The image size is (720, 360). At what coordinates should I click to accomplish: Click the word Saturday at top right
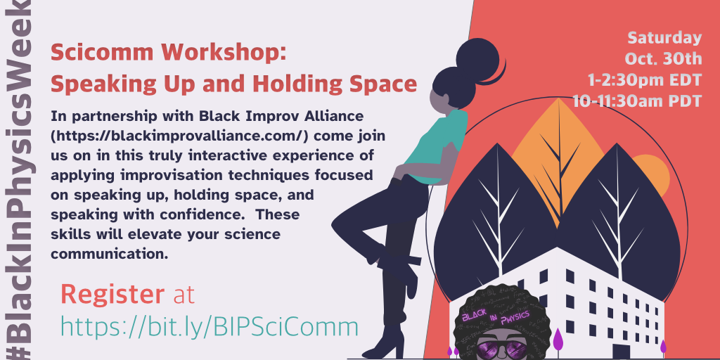click(x=664, y=38)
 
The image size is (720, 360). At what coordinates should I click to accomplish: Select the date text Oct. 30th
click(x=664, y=59)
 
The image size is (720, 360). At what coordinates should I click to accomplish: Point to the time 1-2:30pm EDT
click(x=645, y=80)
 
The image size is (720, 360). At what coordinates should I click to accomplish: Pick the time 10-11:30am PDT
click(x=637, y=101)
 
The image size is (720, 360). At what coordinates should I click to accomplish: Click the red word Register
click(x=112, y=295)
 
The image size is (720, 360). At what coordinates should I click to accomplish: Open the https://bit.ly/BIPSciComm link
click(x=210, y=327)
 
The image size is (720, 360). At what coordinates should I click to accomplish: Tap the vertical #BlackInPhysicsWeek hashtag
click(x=18, y=180)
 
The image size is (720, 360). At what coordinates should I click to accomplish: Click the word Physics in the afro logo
click(x=515, y=317)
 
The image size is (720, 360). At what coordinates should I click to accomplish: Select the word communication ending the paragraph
click(x=109, y=254)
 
